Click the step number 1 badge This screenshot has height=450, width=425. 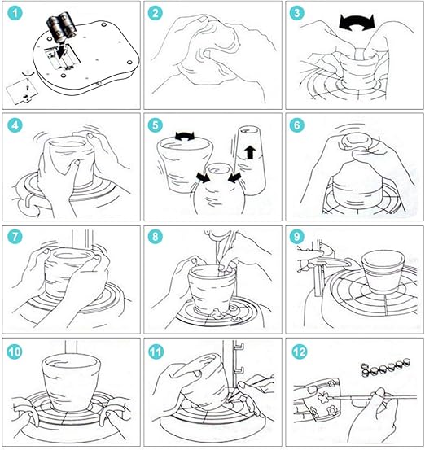(x=15, y=13)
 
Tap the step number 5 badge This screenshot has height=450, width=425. (x=156, y=125)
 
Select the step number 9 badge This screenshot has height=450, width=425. (x=297, y=237)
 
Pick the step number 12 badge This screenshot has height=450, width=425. (x=300, y=352)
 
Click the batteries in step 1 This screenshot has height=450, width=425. (x=62, y=26)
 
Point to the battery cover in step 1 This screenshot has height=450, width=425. (x=22, y=89)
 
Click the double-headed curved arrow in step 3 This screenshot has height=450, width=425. (x=357, y=23)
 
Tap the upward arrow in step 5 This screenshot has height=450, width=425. (x=251, y=152)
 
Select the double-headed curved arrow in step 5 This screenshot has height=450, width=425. (x=185, y=136)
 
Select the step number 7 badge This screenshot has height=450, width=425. (x=15, y=237)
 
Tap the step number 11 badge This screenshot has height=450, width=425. (x=156, y=352)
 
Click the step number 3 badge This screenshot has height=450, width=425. (x=297, y=13)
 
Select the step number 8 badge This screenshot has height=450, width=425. (x=156, y=237)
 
